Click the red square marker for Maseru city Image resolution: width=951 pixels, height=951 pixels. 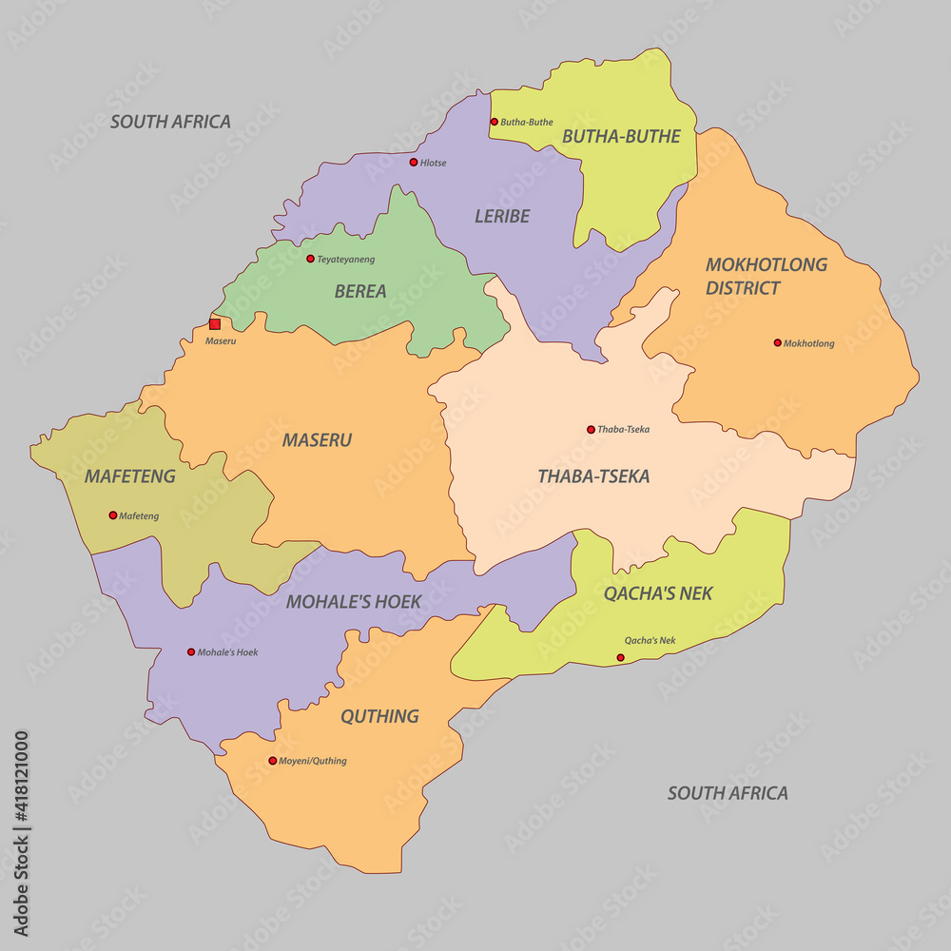coord(215,324)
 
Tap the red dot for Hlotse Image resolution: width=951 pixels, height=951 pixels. coord(413,163)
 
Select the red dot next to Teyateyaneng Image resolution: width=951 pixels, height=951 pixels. coord(310,259)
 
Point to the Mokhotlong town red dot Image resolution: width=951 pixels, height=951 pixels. coord(777,343)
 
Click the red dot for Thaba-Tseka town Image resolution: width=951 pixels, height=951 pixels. coord(591,430)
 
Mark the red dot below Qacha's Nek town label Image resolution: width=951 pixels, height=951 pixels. coord(620,657)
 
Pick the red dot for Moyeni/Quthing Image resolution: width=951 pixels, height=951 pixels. coord(272,761)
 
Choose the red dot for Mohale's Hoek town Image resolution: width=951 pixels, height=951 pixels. coord(190,652)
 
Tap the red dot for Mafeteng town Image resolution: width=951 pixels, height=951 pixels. coord(113,515)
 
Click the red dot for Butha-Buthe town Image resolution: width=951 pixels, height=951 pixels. coord(494,122)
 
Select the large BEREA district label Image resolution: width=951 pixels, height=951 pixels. coord(360,292)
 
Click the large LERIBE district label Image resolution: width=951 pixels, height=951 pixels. coord(502,217)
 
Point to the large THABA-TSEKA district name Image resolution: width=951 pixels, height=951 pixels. coord(593,476)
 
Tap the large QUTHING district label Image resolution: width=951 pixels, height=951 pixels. coord(379,716)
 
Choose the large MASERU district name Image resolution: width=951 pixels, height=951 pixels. coord(317,440)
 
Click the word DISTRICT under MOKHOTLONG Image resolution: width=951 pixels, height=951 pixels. coord(743,288)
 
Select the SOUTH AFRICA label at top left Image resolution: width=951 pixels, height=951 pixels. coord(170,122)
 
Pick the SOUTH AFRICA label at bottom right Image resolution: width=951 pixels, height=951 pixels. coord(728,793)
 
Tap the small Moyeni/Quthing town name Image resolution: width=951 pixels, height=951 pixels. coord(313,761)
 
